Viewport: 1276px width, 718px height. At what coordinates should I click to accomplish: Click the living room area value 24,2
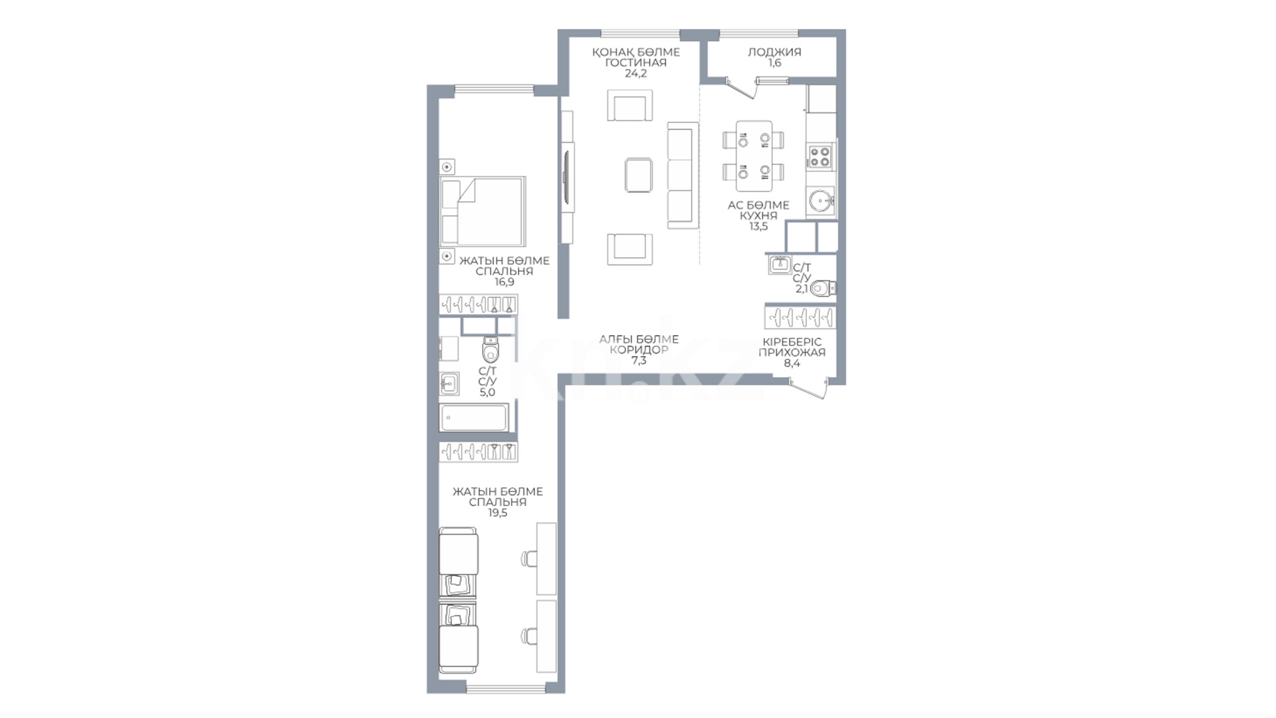pyautogui.click(x=635, y=74)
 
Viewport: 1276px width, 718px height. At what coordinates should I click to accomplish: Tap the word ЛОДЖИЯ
pyautogui.click(x=774, y=52)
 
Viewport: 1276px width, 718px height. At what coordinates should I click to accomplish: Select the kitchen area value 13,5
pyautogui.click(x=758, y=226)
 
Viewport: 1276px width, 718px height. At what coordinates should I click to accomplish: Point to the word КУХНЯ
pyautogui.click(x=758, y=215)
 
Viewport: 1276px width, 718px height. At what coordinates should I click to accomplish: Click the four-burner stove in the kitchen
pyautogui.click(x=820, y=156)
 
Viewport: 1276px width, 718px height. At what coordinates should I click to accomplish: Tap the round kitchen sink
pyautogui.click(x=821, y=199)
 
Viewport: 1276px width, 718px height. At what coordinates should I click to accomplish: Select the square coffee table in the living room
pyautogui.click(x=638, y=175)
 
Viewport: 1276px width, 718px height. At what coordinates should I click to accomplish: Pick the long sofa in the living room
pyautogui.click(x=683, y=175)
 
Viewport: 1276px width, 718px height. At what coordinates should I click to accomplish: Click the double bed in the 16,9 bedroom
pyautogui.click(x=483, y=211)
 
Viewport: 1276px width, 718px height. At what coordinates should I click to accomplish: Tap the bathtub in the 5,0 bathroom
pyautogui.click(x=474, y=418)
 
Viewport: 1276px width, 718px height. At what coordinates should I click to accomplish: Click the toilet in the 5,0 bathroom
pyautogui.click(x=490, y=349)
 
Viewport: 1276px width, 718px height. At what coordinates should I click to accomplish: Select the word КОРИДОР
pyautogui.click(x=639, y=350)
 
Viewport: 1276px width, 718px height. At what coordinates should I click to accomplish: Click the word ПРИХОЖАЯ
pyautogui.click(x=792, y=352)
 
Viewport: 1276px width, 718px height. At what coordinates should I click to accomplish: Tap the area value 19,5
pyautogui.click(x=497, y=513)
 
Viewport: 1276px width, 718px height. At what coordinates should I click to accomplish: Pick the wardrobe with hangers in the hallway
pyautogui.click(x=800, y=316)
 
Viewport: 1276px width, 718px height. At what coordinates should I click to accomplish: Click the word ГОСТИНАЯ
pyautogui.click(x=635, y=63)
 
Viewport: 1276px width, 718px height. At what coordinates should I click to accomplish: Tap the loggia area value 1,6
pyautogui.click(x=774, y=63)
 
